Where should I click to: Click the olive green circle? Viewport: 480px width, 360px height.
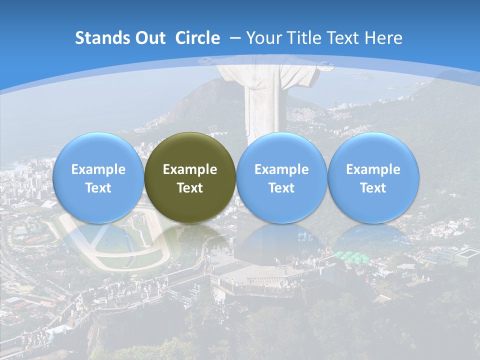pyautogui.click(x=190, y=177)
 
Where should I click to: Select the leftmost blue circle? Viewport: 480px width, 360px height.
pyautogui.click(x=98, y=177)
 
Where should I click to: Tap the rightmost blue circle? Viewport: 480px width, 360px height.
pyautogui.click(x=373, y=177)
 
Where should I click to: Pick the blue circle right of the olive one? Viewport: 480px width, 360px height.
pyautogui.click(x=281, y=177)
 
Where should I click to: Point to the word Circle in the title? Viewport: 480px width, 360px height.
pyautogui.click(x=197, y=38)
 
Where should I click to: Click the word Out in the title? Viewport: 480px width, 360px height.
pyautogui.click(x=148, y=38)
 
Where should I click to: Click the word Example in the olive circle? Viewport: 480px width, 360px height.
pyautogui.click(x=190, y=169)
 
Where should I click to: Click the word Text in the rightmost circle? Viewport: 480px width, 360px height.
pyautogui.click(x=373, y=188)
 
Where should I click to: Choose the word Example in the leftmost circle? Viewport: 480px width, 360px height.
pyautogui.click(x=98, y=169)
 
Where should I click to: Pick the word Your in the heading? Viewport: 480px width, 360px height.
pyautogui.click(x=263, y=38)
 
